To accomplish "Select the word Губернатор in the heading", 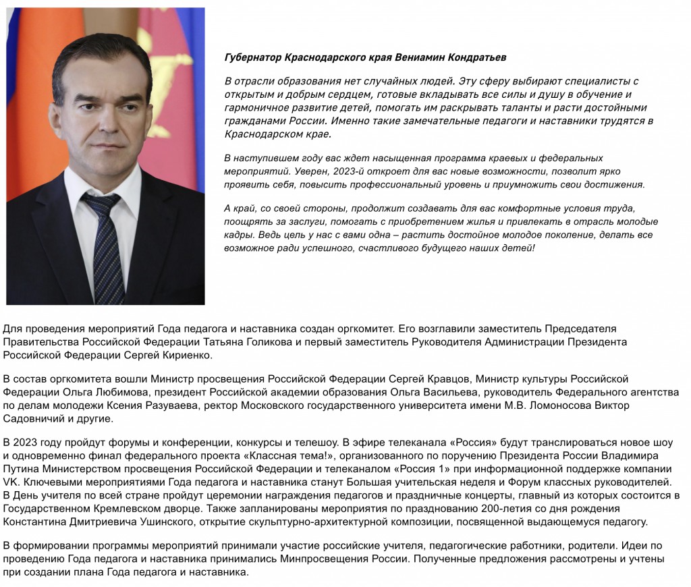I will pos(252,57).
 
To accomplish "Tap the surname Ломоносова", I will pos(561,406).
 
